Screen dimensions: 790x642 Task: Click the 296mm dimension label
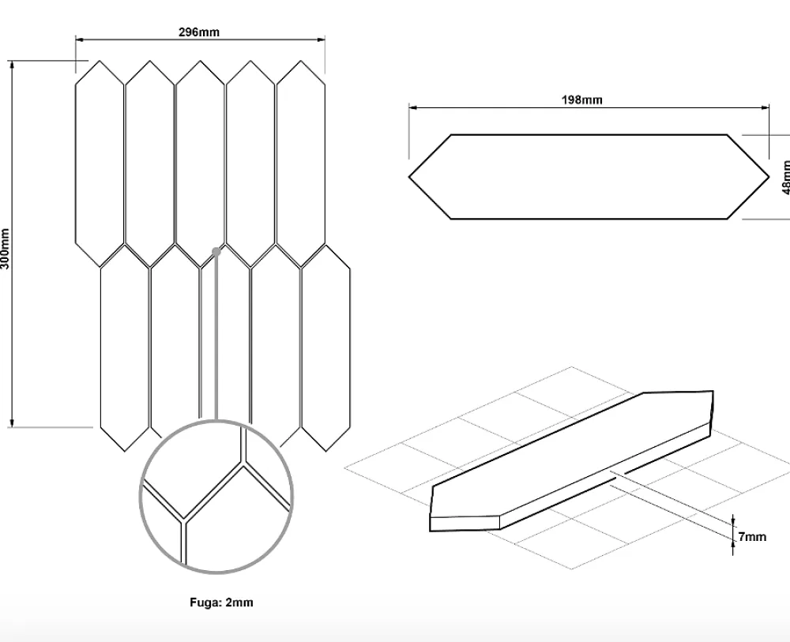click(199, 32)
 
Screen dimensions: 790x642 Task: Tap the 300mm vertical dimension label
click(5, 248)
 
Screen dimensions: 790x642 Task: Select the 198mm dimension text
click(582, 99)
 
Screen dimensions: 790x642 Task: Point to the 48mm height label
click(785, 177)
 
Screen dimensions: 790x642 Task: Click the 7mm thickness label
click(753, 537)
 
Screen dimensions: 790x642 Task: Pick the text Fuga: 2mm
click(222, 603)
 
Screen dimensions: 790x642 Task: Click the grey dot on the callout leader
click(216, 251)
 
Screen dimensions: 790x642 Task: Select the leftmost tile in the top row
click(100, 163)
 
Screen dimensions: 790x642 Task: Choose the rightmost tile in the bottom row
click(326, 348)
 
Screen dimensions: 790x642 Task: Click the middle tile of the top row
click(200, 163)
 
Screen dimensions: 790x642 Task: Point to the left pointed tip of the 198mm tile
click(408, 177)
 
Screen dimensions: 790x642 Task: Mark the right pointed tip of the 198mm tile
click(769, 177)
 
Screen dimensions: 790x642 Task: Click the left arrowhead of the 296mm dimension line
click(79, 39)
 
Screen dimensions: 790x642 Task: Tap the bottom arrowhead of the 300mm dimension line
click(12, 423)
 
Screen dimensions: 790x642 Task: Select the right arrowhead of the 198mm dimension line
click(766, 107)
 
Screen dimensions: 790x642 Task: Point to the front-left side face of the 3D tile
click(465, 524)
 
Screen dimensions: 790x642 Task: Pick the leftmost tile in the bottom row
click(125, 348)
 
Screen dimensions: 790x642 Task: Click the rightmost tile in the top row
click(301, 163)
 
